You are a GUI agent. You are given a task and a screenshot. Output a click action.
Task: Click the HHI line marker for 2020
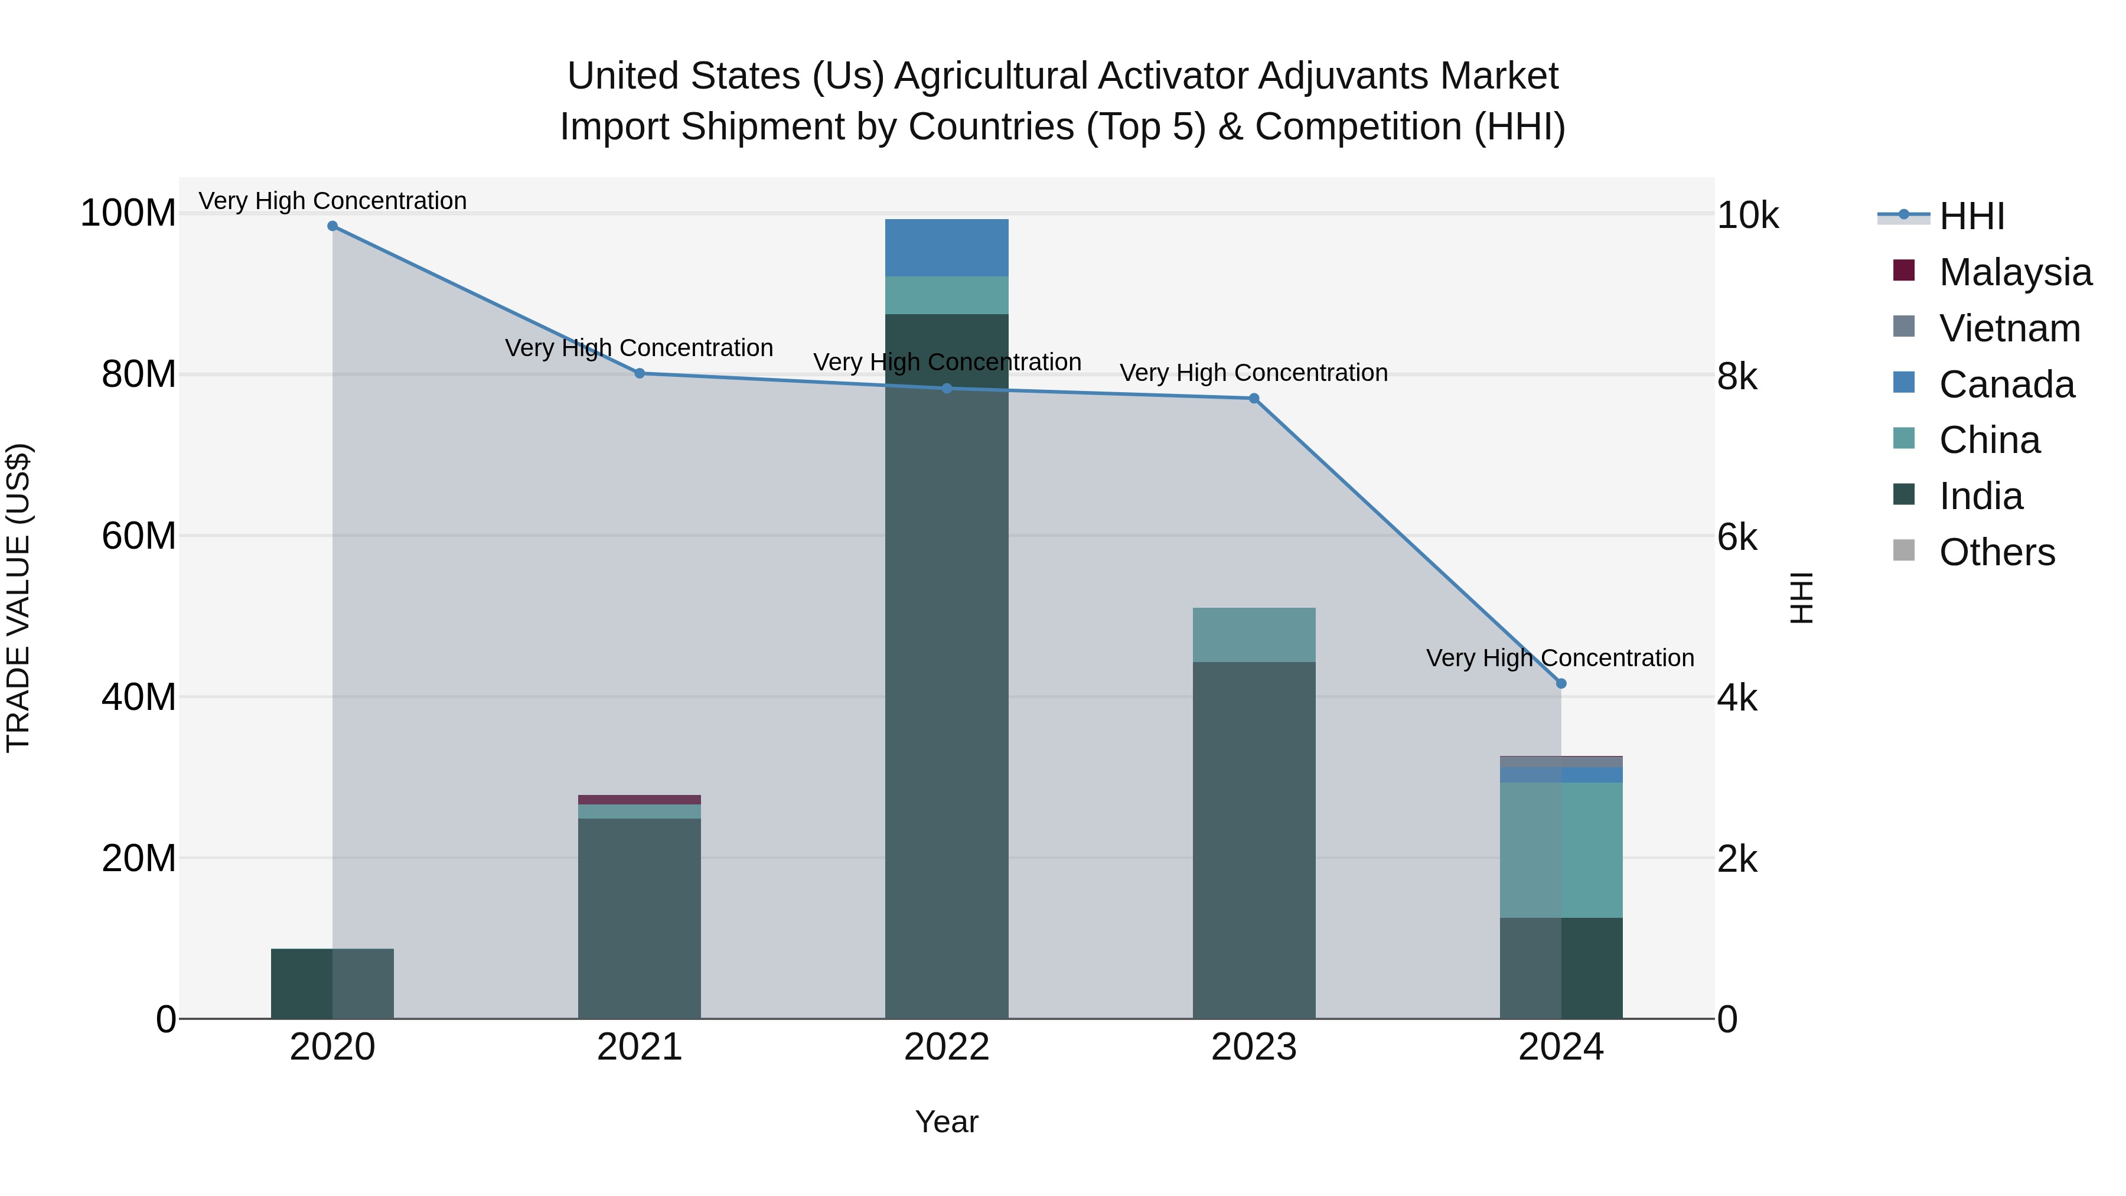[332, 226]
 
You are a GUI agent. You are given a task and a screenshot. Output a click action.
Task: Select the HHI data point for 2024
[1561, 683]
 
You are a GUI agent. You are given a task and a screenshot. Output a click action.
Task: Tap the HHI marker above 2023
[1254, 399]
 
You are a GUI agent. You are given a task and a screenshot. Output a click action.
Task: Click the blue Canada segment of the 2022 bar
[947, 247]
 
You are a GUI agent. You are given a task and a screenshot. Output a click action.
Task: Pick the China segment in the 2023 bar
[1254, 635]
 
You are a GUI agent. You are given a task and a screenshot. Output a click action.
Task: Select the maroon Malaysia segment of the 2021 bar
[639, 800]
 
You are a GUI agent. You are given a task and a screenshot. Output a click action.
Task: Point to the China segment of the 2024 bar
[1561, 849]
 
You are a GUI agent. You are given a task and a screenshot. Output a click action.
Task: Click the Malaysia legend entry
[2014, 272]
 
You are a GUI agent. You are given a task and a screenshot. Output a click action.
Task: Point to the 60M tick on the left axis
[139, 536]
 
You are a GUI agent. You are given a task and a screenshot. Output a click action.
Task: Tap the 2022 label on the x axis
[947, 1047]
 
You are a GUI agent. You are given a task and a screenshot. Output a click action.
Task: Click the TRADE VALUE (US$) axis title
[18, 598]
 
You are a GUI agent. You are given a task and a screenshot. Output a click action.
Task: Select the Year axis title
[947, 1122]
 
